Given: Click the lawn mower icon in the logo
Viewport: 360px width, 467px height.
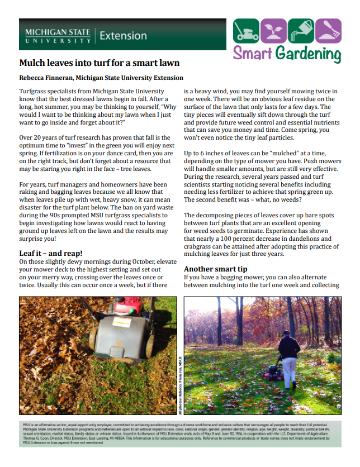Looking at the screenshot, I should tap(246, 31).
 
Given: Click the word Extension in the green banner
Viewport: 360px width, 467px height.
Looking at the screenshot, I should tap(123, 36).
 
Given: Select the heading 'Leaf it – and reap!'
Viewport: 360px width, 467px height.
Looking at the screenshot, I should tap(51, 253).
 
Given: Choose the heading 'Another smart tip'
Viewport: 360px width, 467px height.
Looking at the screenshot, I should tap(216, 269).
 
